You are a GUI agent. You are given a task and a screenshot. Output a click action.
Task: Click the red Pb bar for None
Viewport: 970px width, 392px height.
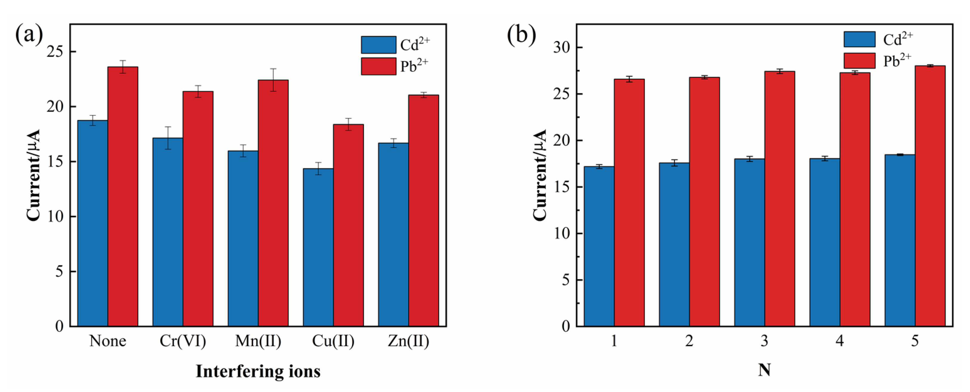(123, 196)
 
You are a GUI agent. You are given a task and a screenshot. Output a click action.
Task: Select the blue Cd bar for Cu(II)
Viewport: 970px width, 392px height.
(318, 247)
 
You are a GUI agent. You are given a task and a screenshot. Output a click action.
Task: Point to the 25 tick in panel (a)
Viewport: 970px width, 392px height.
(55, 52)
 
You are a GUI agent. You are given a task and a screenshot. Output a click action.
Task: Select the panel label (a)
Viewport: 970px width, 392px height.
(29, 35)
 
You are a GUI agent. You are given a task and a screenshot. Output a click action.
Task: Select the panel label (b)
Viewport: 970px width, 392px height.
(521, 35)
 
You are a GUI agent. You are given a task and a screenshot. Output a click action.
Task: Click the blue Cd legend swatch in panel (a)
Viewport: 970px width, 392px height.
(378, 45)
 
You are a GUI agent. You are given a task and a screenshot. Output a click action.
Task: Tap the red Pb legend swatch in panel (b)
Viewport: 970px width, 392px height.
(859, 61)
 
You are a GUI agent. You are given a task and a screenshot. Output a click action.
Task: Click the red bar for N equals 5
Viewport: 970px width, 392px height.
(930, 196)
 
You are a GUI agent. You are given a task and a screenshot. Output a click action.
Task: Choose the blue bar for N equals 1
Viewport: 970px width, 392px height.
(599, 247)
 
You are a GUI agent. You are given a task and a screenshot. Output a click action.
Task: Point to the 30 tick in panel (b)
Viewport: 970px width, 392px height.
(562, 48)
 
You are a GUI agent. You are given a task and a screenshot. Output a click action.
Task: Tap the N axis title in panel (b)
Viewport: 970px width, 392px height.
(764, 371)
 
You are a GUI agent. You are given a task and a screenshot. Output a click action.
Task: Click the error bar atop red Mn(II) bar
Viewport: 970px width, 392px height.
(273, 80)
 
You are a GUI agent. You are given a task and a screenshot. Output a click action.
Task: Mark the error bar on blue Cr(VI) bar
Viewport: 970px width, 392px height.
(168, 138)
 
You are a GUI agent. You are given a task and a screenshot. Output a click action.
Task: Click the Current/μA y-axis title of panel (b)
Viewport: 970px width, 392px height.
(540, 175)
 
